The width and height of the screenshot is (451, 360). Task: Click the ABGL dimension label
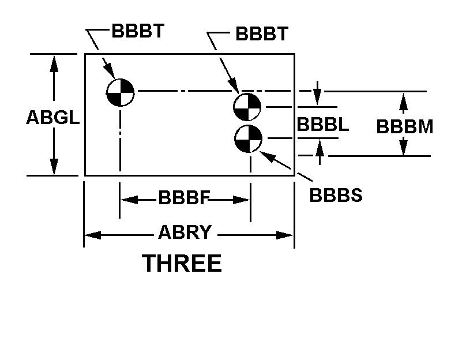pos(52,118)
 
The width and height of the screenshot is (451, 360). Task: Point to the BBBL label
pos(322,125)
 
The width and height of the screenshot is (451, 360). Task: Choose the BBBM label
pos(404,126)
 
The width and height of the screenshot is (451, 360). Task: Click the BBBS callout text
pos(336,195)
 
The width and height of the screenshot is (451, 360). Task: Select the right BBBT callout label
pos(261,34)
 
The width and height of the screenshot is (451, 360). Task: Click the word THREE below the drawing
pos(182,264)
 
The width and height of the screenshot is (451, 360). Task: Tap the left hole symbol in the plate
pos(120,92)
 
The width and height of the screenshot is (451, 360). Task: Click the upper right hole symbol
pos(247,106)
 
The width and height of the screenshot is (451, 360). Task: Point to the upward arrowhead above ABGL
pos(54,62)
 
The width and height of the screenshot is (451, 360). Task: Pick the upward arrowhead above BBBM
pos(404,100)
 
